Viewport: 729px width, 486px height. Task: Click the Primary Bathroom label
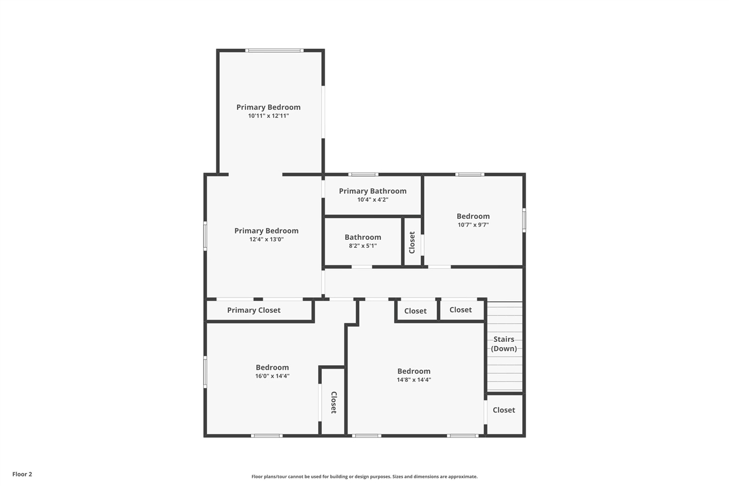372,191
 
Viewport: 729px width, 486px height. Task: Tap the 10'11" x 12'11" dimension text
268,116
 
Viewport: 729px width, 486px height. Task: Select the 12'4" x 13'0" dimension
267,240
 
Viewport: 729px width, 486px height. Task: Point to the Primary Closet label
254,310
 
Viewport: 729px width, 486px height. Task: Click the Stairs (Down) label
504,344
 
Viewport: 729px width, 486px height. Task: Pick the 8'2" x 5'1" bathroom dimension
363,246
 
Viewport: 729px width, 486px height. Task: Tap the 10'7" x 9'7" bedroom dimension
473,225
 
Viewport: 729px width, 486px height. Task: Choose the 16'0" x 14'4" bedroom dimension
272,376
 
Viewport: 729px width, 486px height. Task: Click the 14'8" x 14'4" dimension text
414,379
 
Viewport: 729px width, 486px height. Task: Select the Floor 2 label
22,474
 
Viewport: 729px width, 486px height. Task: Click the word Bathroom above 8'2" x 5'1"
363,238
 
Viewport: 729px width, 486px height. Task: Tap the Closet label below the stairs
504,410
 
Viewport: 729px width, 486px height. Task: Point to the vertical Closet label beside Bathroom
412,243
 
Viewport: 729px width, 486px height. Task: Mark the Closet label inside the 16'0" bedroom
334,403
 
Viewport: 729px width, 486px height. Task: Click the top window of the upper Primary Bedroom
275,51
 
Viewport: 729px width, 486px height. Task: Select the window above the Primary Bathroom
363,174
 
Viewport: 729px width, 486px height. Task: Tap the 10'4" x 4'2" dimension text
373,200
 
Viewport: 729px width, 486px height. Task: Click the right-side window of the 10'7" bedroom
524,220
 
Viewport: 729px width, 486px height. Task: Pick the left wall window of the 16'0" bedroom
205,371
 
